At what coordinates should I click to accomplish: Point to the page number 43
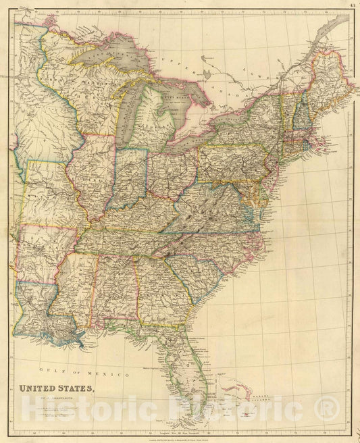click(x=353, y=5)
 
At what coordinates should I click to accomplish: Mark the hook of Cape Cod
click(x=323, y=141)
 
